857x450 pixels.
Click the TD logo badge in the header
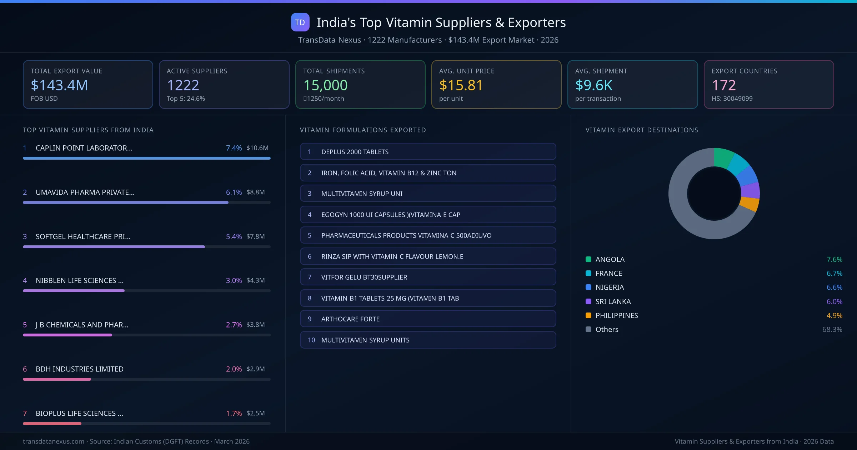300,22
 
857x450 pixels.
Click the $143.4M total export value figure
59,85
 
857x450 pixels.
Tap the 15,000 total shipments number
325,85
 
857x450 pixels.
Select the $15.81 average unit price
461,85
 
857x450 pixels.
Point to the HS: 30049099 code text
732,99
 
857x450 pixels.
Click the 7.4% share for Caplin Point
234,148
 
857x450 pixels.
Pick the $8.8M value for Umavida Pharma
255,192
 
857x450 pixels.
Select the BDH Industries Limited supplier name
79,369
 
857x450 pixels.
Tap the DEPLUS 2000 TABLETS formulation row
428,152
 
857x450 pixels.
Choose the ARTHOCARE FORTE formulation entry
428,319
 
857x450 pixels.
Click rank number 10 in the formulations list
311,340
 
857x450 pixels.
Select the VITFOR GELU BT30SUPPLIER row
428,277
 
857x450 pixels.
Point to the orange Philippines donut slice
750,204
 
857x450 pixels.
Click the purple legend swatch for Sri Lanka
588,301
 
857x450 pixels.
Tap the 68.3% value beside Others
832,329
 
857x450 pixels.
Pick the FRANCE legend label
608,273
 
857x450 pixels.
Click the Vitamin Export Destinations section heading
642,130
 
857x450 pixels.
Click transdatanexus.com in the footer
54,441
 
